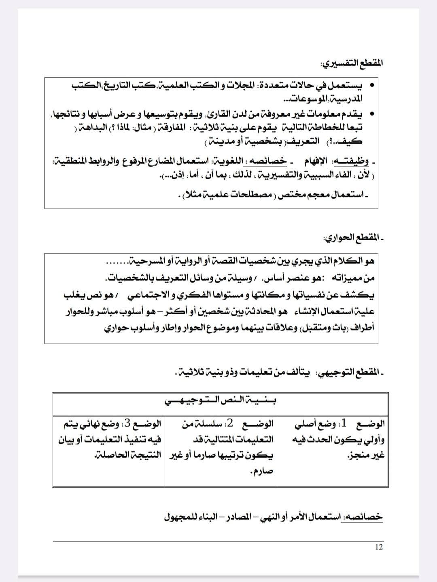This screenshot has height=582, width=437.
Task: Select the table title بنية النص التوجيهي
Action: coord(221,400)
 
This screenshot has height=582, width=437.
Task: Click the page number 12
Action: coord(379,547)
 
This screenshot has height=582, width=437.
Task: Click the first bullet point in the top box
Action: coord(371,86)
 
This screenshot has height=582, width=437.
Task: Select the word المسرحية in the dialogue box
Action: coord(147,261)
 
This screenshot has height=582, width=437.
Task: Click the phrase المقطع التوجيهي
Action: coord(351,372)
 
